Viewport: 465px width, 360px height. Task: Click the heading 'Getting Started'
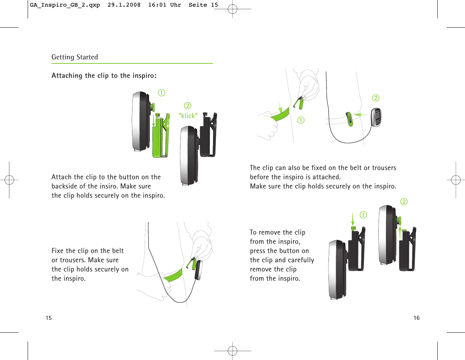(75, 57)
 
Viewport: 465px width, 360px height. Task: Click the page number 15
(49, 318)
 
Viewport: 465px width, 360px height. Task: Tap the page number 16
(416, 318)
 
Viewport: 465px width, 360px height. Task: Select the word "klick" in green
(188, 116)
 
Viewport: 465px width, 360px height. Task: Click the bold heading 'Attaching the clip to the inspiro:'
(104, 76)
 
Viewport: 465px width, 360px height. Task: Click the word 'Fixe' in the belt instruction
(58, 251)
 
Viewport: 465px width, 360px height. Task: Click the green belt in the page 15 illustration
(173, 275)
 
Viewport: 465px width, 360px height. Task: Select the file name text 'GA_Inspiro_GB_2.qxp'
(65, 5)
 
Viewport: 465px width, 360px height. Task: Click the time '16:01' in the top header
(157, 5)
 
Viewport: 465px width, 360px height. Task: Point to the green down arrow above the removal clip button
(353, 218)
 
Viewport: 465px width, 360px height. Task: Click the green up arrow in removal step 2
(400, 232)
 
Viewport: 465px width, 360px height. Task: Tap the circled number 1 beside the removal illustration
(364, 215)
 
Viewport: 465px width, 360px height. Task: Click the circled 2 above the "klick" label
(187, 106)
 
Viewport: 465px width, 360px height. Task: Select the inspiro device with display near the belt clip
(376, 118)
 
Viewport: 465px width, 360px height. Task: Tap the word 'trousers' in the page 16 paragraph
(383, 168)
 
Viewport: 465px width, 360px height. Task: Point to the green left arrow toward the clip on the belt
(361, 115)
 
